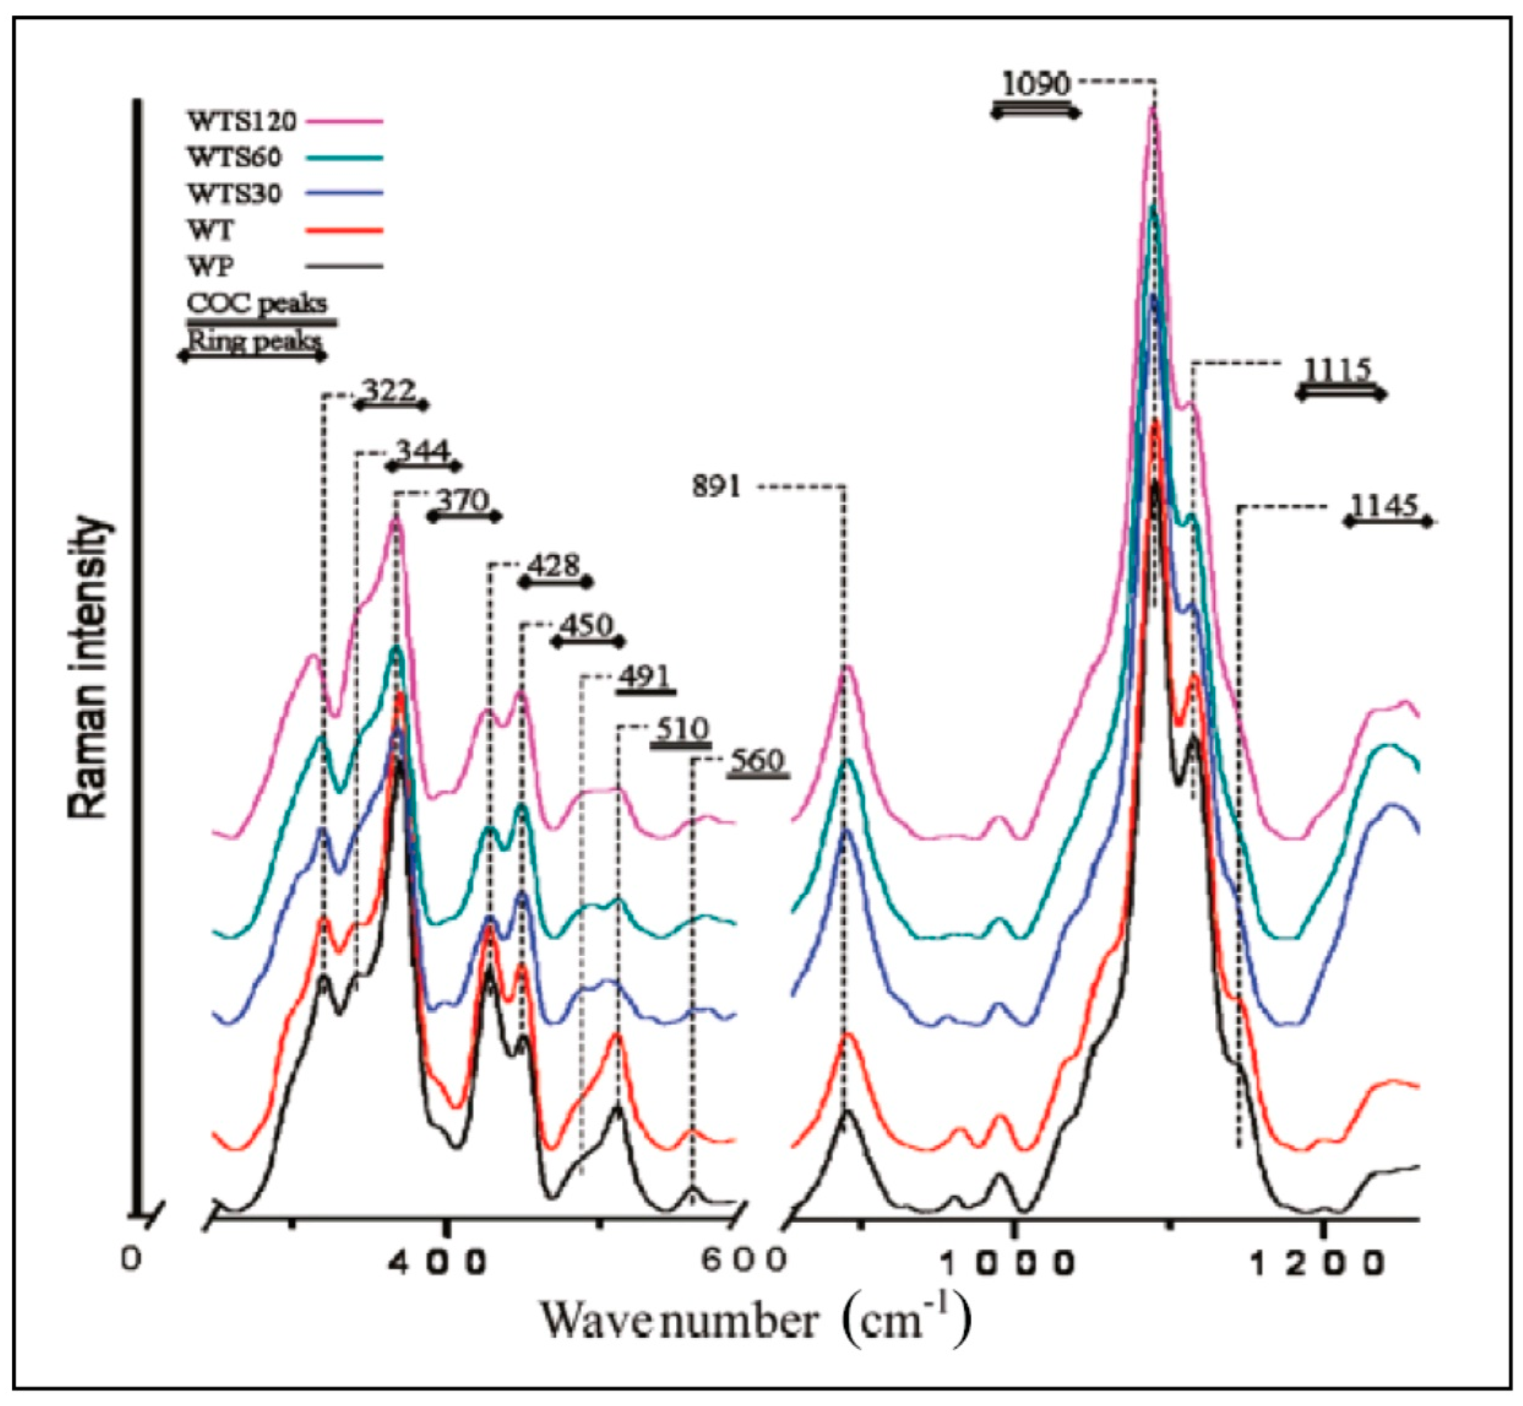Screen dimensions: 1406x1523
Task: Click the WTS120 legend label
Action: click(242, 121)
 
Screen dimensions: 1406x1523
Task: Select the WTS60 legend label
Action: click(234, 157)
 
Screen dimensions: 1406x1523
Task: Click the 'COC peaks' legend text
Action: click(257, 303)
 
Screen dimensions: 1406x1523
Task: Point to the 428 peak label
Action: click(553, 566)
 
